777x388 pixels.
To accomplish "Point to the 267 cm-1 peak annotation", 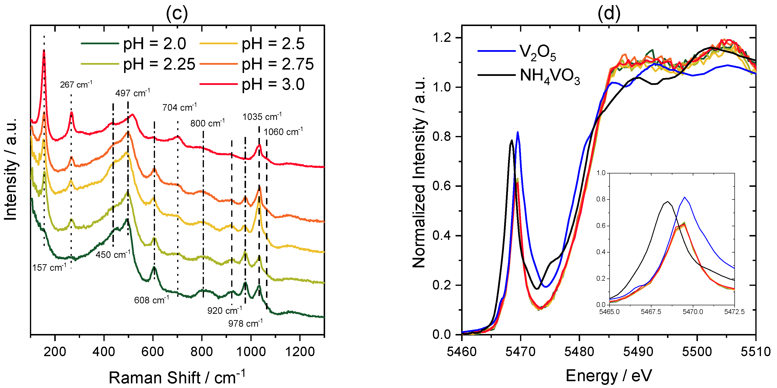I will coord(76,85).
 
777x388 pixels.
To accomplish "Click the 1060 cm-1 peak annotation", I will coord(283,132).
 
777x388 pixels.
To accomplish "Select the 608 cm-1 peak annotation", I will coord(151,300).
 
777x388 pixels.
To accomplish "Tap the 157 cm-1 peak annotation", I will coord(49,267).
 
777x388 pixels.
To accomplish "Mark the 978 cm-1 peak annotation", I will coord(245,324).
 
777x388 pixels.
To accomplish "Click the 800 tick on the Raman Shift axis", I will coord(202,352).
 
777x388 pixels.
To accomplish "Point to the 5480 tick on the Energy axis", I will coord(579,352).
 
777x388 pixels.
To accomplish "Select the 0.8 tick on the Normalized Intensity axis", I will coord(442,136).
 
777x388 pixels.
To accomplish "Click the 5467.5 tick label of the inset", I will coord(651,312).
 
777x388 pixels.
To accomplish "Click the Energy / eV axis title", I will coord(608,376).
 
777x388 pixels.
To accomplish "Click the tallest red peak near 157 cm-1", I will coord(44,51).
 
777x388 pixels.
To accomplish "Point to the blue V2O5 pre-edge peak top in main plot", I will coord(518,132).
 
